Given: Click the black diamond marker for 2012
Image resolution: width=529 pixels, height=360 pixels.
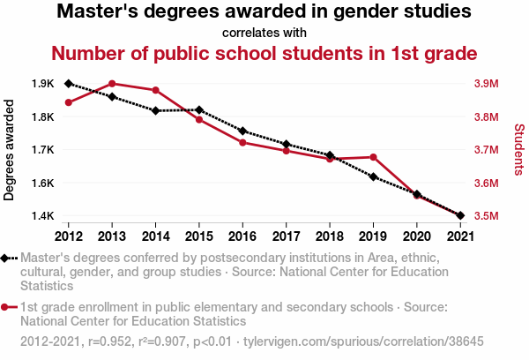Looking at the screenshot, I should pyautogui.click(x=69, y=84).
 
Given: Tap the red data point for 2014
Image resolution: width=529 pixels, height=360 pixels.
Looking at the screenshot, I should pyautogui.click(x=155, y=90).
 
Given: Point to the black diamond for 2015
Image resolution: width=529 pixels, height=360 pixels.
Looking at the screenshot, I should pyautogui.click(x=199, y=110).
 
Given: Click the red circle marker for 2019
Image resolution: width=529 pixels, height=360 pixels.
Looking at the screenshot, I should pyautogui.click(x=374, y=157).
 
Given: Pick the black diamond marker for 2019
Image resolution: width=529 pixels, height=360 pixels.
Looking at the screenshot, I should pyautogui.click(x=374, y=177).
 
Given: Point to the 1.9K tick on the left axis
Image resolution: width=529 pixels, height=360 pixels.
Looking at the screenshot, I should pyautogui.click(x=43, y=84).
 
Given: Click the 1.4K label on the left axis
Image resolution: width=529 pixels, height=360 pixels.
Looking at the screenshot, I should pyautogui.click(x=43, y=215).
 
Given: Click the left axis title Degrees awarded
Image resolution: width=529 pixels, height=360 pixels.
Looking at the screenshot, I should pyautogui.click(x=10, y=150).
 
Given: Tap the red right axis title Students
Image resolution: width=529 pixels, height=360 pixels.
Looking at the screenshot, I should pyautogui.click(x=518, y=150).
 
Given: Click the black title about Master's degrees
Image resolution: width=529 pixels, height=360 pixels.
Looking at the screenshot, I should pyautogui.click(x=264, y=13).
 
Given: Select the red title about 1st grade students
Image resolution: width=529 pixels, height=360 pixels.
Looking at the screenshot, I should pyautogui.click(x=264, y=53).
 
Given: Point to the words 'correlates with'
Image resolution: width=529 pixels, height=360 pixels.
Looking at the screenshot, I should pyautogui.click(x=264, y=33).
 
